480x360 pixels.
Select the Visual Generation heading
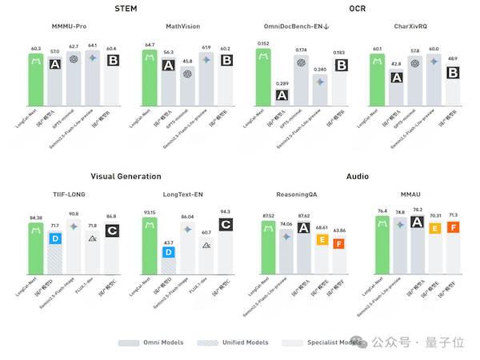[x=126, y=175]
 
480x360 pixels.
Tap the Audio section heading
[x=357, y=175]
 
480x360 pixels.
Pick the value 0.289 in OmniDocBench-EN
[x=282, y=84]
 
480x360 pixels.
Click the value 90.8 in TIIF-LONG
[x=74, y=214]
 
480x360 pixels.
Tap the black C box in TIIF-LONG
[x=112, y=230]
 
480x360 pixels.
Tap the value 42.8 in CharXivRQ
[x=396, y=62]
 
